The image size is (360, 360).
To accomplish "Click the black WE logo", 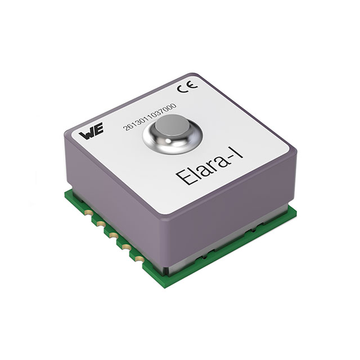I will click(88, 134).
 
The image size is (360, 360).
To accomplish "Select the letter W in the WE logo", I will click(84, 134).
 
